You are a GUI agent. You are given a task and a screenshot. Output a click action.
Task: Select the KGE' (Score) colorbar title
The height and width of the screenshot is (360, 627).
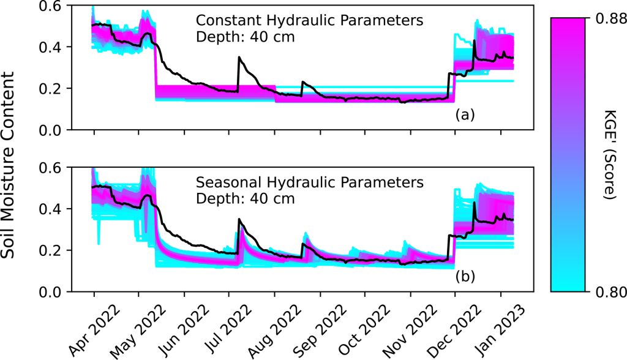click(609, 155)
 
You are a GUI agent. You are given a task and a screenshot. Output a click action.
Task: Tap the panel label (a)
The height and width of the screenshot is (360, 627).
click(465, 114)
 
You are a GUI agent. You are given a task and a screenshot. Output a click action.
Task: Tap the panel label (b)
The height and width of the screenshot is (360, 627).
click(465, 277)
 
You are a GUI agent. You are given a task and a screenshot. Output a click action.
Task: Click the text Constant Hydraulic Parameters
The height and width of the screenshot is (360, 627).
click(309, 21)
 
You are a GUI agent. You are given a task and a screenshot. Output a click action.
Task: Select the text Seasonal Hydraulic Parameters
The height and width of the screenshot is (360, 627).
click(309, 182)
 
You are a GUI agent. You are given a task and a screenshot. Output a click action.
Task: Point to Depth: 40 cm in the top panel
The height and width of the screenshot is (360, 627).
click(245, 37)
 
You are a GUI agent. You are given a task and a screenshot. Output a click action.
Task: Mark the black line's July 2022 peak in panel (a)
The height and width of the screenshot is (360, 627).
click(239, 57)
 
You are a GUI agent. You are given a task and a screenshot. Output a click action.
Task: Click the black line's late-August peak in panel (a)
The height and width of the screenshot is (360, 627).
click(302, 81)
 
